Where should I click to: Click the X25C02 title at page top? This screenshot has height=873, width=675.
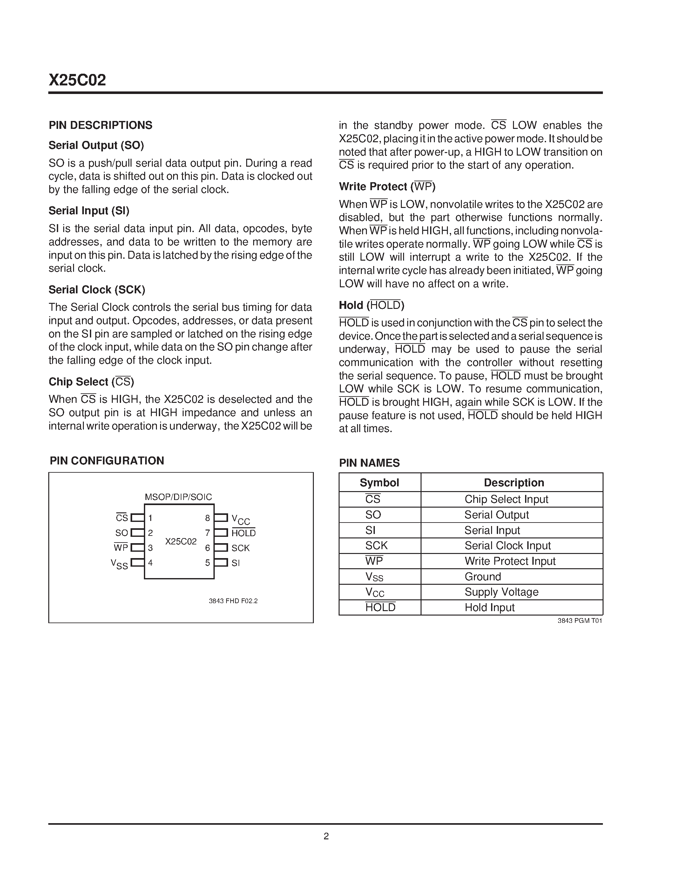[x=77, y=80]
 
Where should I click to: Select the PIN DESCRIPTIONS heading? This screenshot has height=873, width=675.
[x=100, y=125]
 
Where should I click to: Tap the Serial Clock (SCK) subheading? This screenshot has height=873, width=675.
[x=97, y=290]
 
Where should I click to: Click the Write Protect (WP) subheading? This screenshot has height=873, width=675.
[x=387, y=187]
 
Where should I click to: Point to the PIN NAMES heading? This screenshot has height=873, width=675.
[x=369, y=463]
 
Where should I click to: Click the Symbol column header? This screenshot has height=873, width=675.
[x=379, y=483]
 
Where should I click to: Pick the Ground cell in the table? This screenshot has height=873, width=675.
[x=483, y=576]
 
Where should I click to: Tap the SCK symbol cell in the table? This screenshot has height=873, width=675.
[x=376, y=546]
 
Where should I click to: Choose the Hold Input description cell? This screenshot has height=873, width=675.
[x=489, y=608]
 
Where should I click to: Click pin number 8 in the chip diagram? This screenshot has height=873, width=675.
[x=207, y=518]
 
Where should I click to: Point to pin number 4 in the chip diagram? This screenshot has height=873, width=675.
[x=150, y=563]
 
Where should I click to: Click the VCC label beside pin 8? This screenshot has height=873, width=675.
[x=240, y=519]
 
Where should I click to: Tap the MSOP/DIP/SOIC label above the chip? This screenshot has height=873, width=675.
[x=178, y=497]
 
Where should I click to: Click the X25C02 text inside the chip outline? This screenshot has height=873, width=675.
[x=181, y=541]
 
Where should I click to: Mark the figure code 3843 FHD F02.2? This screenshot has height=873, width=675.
[x=233, y=601]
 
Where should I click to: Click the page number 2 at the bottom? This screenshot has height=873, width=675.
[x=326, y=836]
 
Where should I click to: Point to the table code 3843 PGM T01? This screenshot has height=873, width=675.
[x=579, y=621]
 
